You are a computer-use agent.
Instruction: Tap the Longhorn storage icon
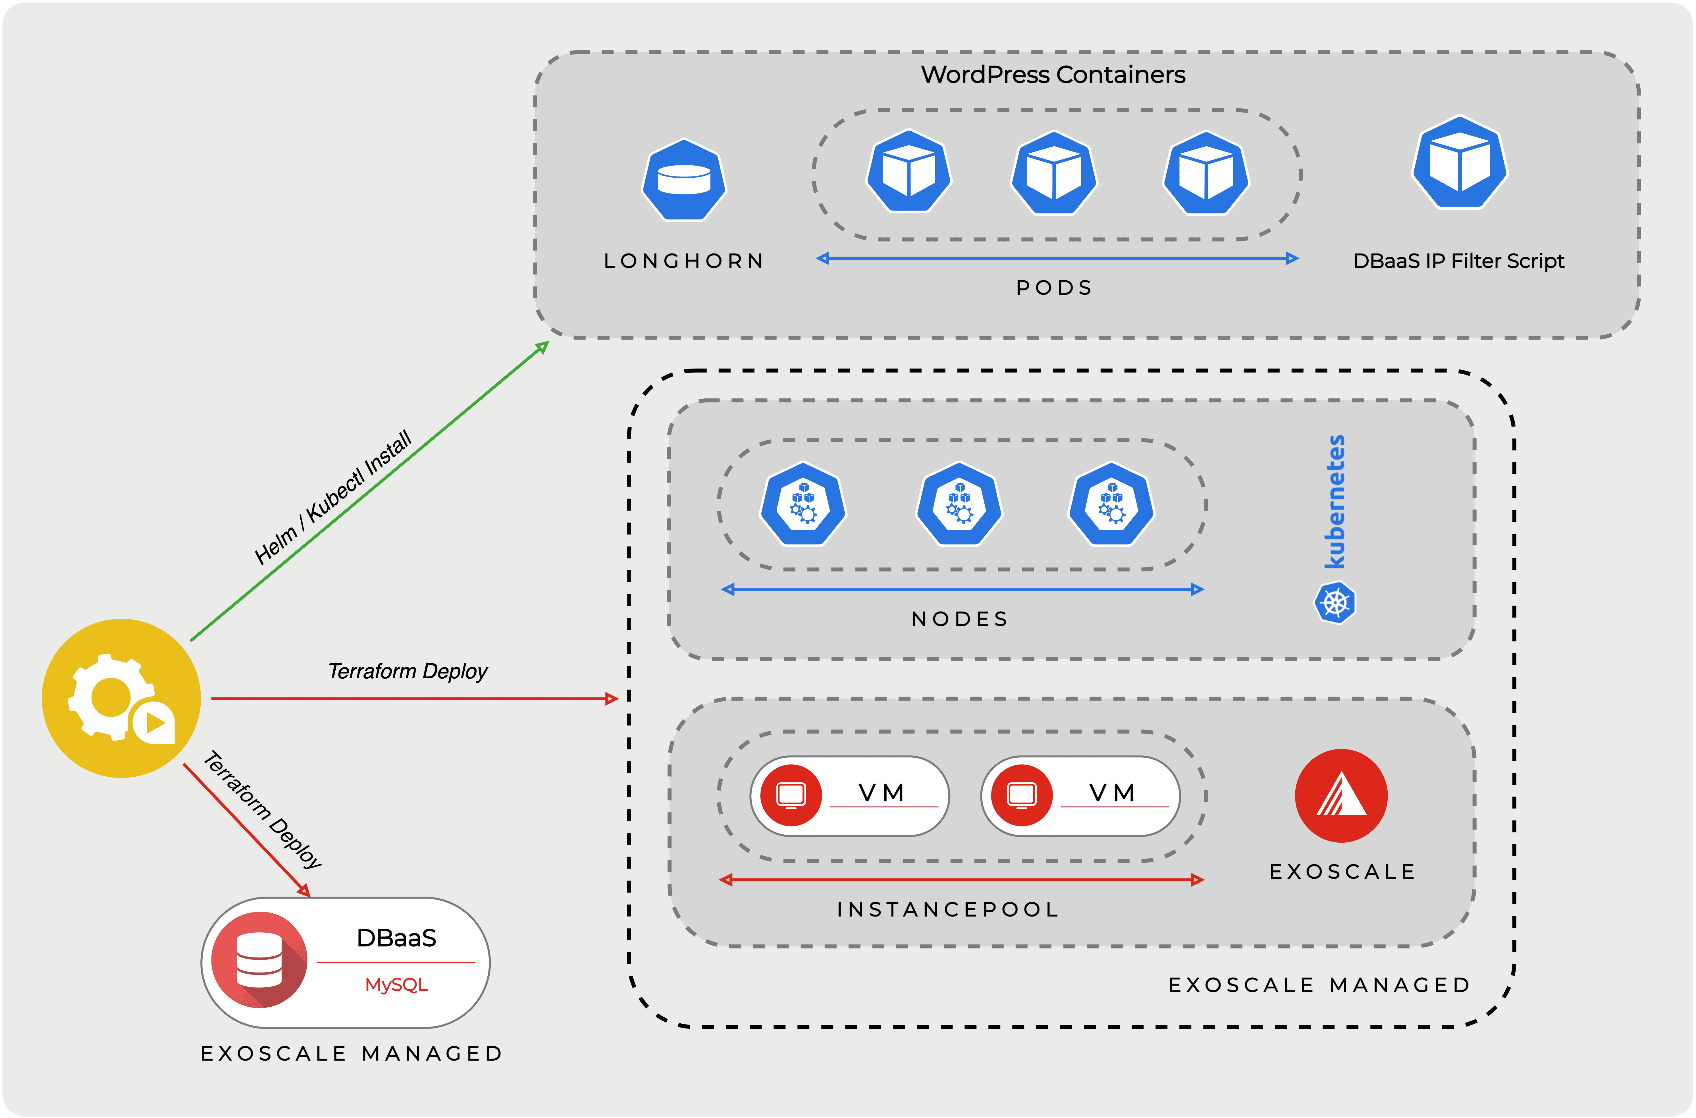pos(684,180)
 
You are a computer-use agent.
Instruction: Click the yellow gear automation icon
pos(121,698)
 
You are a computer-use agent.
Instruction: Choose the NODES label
pos(960,619)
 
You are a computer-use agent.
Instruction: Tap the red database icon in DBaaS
pos(259,960)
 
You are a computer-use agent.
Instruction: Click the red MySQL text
pos(396,985)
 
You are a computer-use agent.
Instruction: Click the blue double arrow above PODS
pos(1057,258)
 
